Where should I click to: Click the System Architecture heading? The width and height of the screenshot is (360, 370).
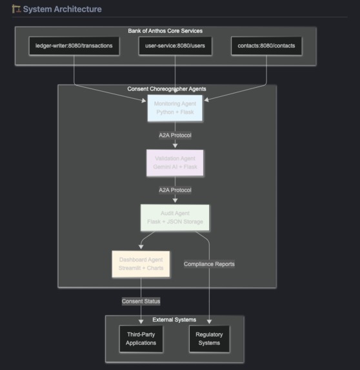point(62,9)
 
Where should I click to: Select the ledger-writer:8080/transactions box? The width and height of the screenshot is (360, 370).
point(74,46)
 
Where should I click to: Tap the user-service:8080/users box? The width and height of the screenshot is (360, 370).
point(175,46)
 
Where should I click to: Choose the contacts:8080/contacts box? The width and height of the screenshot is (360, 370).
point(266,46)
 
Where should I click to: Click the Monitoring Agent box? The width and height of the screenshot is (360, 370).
point(175,108)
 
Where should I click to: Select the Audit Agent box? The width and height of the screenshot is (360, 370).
point(175,218)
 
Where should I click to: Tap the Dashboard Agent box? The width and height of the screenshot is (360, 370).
point(141,264)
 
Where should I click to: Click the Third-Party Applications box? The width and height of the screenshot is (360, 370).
point(141,338)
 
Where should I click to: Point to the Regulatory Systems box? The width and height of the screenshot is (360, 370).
point(209,338)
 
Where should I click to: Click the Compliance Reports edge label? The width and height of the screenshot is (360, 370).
point(209,264)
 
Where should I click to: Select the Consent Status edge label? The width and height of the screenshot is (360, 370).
point(141,302)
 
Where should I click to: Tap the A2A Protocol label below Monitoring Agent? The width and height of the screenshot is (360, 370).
point(175,136)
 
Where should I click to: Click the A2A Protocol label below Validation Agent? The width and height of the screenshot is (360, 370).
point(175,190)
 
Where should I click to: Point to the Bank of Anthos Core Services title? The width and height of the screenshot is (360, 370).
point(165,31)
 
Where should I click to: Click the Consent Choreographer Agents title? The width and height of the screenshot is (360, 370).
point(166,88)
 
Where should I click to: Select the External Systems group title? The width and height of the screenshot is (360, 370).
point(174,320)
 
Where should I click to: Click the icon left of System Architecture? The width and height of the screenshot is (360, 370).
point(16,9)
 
